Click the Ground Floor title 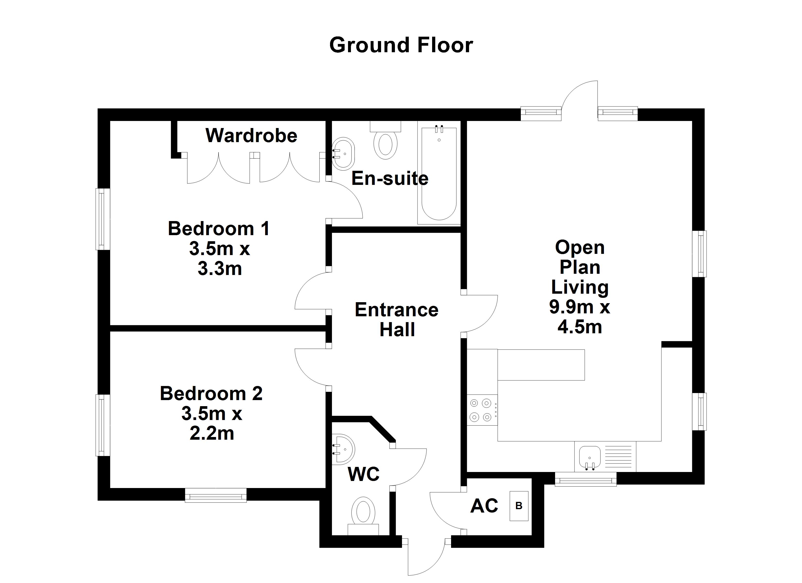click(401, 45)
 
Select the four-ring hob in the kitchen click(482, 410)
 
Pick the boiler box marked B click(519, 506)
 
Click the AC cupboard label click(484, 506)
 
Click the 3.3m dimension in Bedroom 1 click(220, 269)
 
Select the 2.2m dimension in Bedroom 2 click(212, 433)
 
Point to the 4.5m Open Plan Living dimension click(580, 327)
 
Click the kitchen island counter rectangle click(541, 365)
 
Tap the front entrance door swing click(426, 559)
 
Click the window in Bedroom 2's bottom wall click(216, 495)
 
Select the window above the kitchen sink click(586, 480)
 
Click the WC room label click(364, 474)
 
